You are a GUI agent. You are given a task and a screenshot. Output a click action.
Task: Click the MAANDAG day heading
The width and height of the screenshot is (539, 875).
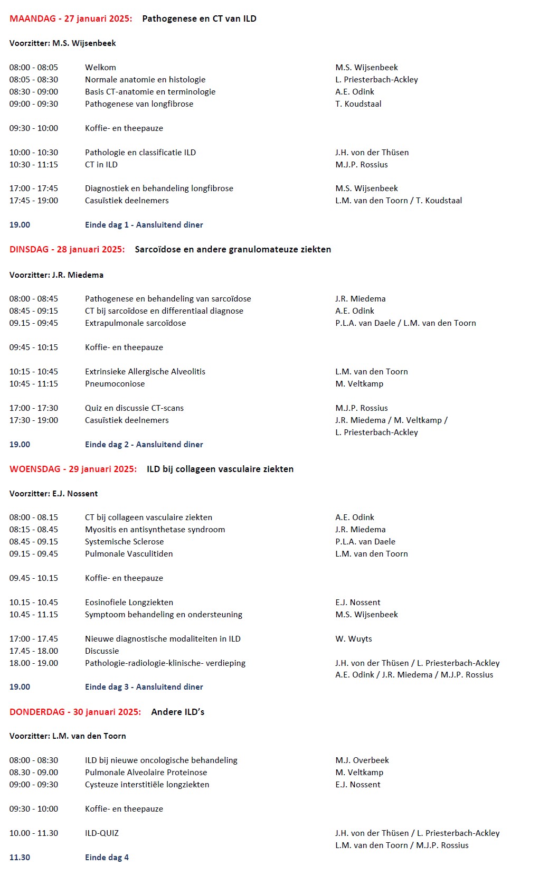coord(71,18)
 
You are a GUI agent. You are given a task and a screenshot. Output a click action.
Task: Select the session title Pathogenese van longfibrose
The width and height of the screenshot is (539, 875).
coord(139,104)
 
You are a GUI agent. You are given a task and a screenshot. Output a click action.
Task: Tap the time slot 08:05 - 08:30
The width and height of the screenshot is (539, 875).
coord(34,80)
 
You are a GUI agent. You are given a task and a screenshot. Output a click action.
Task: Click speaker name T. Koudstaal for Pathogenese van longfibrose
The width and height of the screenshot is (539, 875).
coord(358,104)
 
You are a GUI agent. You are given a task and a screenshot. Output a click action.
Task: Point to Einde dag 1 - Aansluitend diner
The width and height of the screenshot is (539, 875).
coord(144,225)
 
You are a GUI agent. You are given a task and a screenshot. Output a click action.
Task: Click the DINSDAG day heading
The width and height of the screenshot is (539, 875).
coord(67,249)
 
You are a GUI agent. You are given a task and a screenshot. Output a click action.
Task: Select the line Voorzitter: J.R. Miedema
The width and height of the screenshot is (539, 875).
coord(56,275)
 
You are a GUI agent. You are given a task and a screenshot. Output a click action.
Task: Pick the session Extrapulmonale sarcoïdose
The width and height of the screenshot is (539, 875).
coord(135,323)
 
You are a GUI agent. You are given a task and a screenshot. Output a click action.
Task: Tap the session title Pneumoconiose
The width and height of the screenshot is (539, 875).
coord(115,384)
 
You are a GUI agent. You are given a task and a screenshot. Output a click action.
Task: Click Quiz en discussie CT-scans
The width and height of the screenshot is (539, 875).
coord(134,408)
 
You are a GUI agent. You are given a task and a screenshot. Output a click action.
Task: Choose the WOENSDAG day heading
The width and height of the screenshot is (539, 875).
coord(73,469)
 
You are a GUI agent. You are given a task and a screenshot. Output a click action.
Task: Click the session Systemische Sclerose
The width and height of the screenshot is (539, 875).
coord(124,542)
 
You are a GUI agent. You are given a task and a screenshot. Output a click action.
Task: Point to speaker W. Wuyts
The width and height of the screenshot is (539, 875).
coord(353,639)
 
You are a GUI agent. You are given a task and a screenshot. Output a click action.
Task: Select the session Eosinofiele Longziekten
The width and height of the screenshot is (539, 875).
coord(129,603)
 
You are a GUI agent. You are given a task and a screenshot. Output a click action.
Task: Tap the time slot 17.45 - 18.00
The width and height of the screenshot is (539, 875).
coord(34,651)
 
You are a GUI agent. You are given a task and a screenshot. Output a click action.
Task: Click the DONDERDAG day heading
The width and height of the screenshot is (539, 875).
coord(75,712)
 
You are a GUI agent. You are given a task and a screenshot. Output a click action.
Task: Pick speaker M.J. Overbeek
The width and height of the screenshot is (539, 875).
coord(362,760)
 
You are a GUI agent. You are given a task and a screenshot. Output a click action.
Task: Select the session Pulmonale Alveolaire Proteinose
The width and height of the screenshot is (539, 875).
coord(146,773)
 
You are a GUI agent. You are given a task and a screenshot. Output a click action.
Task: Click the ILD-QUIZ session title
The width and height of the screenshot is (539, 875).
coord(102,833)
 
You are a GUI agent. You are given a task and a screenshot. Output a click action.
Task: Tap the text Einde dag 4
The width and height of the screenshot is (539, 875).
coord(107,858)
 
